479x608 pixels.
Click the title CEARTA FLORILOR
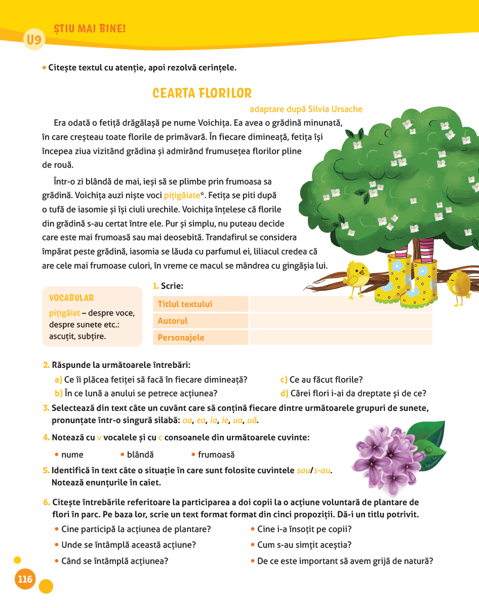(202, 94)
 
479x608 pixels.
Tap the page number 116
(25, 579)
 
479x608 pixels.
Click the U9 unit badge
(34, 40)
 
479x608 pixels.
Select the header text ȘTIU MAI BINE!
(90, 29)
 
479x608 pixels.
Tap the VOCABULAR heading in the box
(71, 298)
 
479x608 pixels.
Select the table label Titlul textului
(185, 304)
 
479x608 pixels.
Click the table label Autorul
(173, 321)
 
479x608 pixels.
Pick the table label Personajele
(181, 337)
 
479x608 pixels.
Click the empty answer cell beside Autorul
(341, 321)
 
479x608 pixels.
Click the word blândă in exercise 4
(140, 455)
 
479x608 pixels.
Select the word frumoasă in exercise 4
(216, 455)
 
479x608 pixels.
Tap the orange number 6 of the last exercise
(46, 503)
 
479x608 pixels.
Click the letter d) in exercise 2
(284, 393)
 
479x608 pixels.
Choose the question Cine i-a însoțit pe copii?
(304, 529)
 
